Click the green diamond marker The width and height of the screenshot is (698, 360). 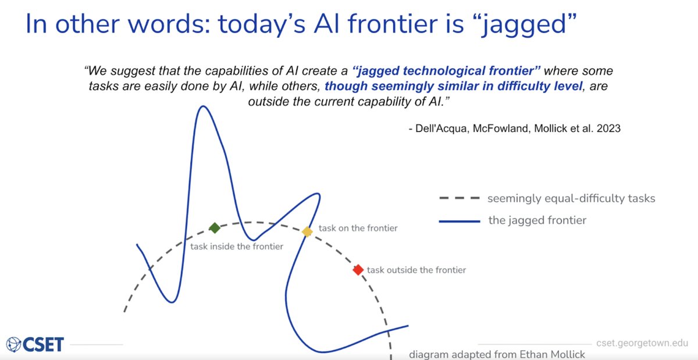(215, 228)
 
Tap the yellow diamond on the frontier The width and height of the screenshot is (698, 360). (307, 231)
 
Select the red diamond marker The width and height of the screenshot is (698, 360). (358, 270)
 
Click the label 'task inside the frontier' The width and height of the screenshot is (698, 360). (237, 247)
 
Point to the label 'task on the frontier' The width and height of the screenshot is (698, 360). (358, 228)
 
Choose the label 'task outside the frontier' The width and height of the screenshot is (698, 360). (416, 270)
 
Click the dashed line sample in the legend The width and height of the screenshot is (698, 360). (460, 198)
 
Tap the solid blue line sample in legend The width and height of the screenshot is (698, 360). (460, 222)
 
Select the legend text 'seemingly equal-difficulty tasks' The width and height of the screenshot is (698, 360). (571, 198)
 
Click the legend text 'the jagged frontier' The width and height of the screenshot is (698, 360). (537, 220)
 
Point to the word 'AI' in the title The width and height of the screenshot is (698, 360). (327, 24)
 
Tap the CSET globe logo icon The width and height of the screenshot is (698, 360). (13, 345)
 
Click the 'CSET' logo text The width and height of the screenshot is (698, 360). (43, 344)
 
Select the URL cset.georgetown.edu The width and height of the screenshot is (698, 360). (642, 343)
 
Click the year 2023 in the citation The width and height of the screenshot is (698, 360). (608, 129)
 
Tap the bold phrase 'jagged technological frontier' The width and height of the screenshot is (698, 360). (446, 71)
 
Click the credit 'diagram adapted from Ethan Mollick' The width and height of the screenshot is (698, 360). (497, 355)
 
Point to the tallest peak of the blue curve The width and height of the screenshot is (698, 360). (203, 106)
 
